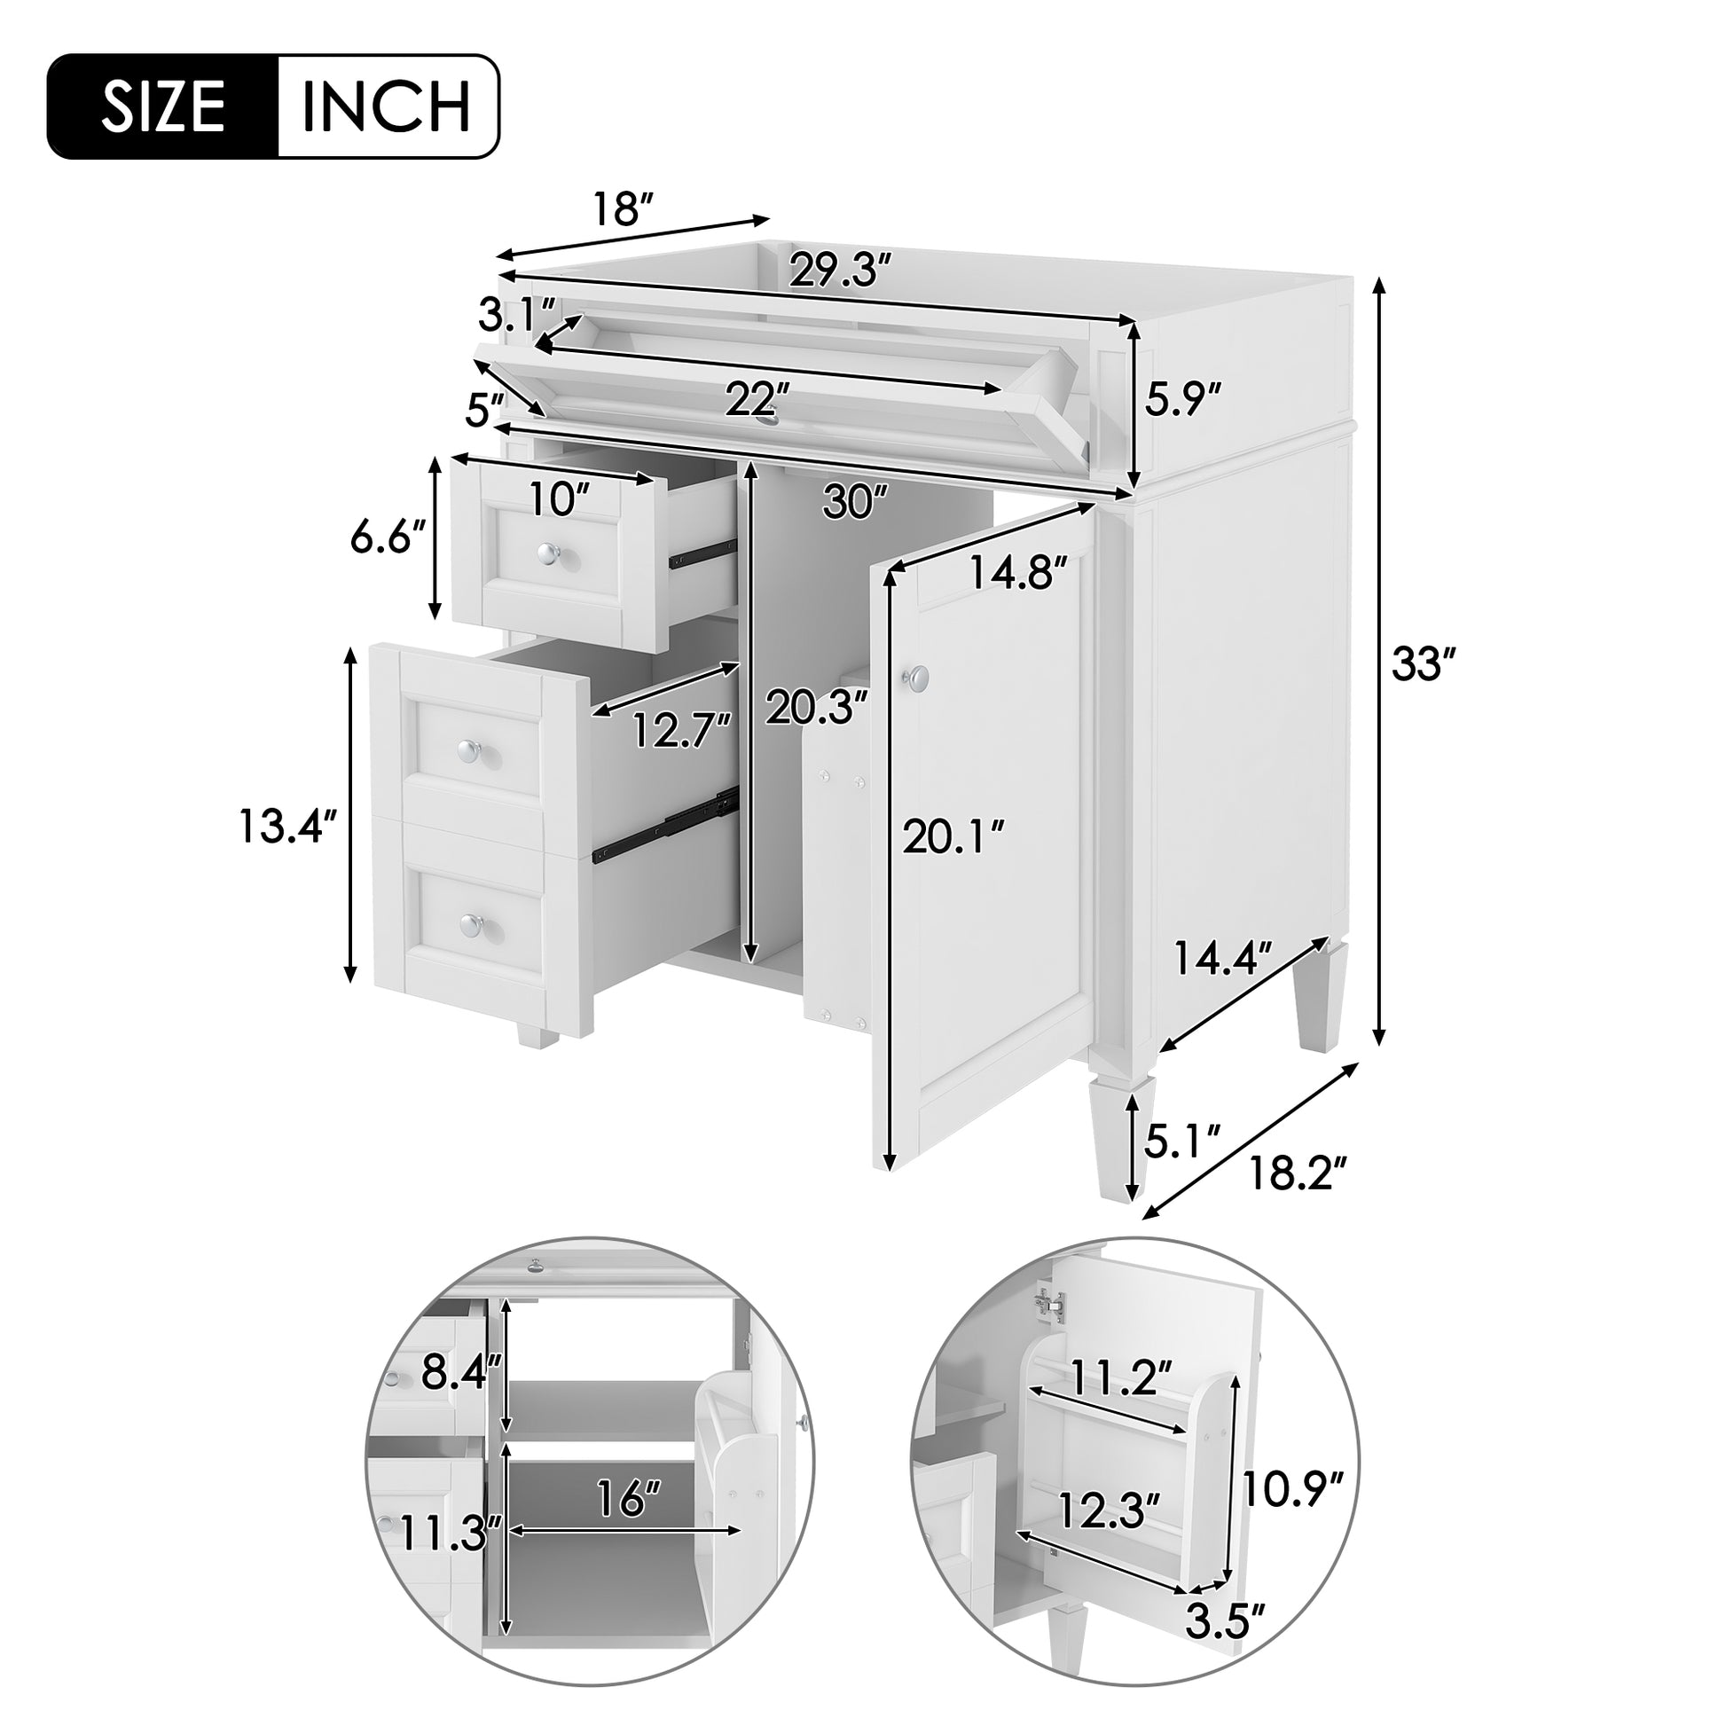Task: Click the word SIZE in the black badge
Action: (x=162, y=107)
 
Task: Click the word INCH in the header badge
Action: (x=386, y=107)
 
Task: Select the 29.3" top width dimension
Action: (x=840, y=269)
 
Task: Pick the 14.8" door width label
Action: (x=1018, y=573)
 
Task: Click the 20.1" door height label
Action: (x=954, y=837)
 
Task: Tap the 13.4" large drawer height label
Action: (x=287, y=826)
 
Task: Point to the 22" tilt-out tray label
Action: (x=757, y=398)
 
